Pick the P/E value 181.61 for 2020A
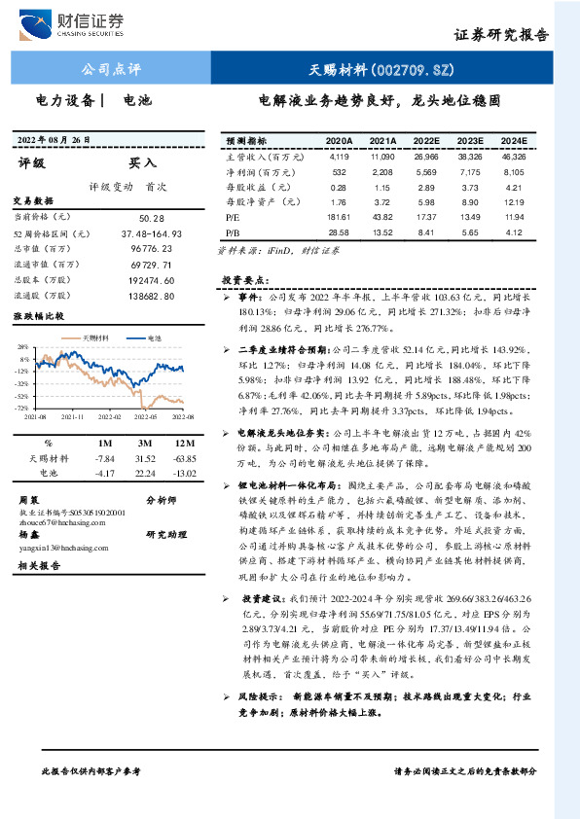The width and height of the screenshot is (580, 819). click(x=340, y=216)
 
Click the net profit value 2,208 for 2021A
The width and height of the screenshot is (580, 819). click(x=382, y=171)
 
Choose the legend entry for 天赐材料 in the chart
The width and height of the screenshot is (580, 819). click(x=91, y=338)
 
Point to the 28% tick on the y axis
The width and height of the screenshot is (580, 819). click(x=21, y=347)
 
